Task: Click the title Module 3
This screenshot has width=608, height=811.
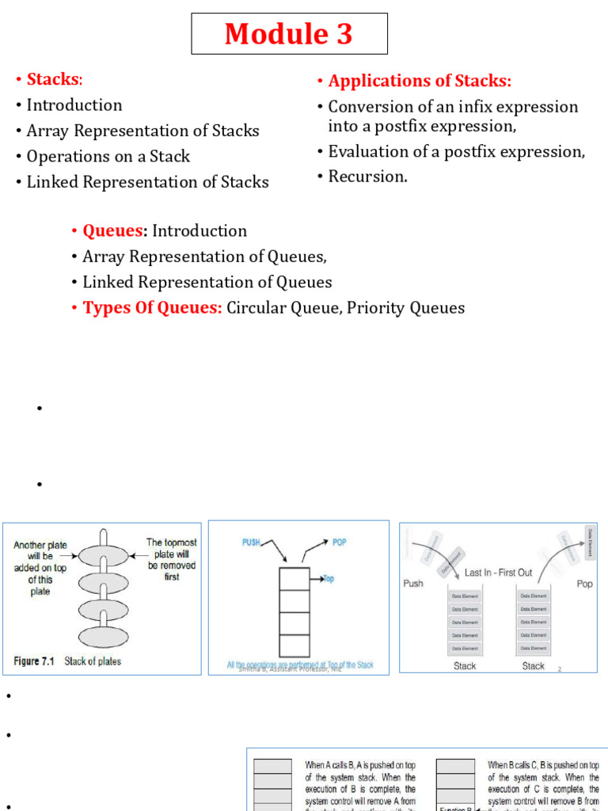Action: tap(289, 34)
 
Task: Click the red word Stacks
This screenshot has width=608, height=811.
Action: tap(53, 79)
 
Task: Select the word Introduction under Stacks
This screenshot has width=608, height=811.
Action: tap(74, 105)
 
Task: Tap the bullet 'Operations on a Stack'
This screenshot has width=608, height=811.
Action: tap(108, 157)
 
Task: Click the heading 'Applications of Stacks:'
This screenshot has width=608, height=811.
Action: tap(420, 81)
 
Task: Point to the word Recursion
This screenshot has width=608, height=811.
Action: tap(367, 177)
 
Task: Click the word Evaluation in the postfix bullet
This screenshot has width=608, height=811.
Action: tap(365, 151)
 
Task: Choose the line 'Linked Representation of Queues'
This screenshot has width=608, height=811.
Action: tap(207, 282)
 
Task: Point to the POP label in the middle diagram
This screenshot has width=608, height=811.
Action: tap(339, 542)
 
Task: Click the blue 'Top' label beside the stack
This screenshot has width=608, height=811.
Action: tap(328, 579)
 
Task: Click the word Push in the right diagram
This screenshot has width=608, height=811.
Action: tap(414, 584)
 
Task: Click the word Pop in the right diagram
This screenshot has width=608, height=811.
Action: tap(584, 584)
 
